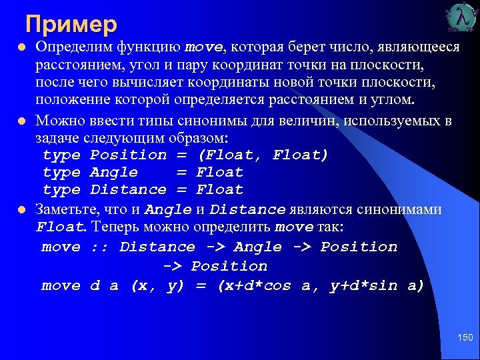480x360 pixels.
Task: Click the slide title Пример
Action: tap(71, 24)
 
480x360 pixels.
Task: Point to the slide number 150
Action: tap(464, 339)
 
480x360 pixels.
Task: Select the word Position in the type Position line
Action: tap(128, 155)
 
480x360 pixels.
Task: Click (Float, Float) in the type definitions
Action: tap(263, 155)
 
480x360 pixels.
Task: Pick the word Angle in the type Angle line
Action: tap(114, 172)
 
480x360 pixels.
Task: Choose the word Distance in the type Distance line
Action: tap(128, 189)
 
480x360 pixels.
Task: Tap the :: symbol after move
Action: tap(100, 247)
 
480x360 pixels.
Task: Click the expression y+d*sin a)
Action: tap(377, 285)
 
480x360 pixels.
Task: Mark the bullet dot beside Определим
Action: tap(21, 48)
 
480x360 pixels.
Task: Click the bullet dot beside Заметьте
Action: tap(21, 210)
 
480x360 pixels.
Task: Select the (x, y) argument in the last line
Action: tap(157, 285)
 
